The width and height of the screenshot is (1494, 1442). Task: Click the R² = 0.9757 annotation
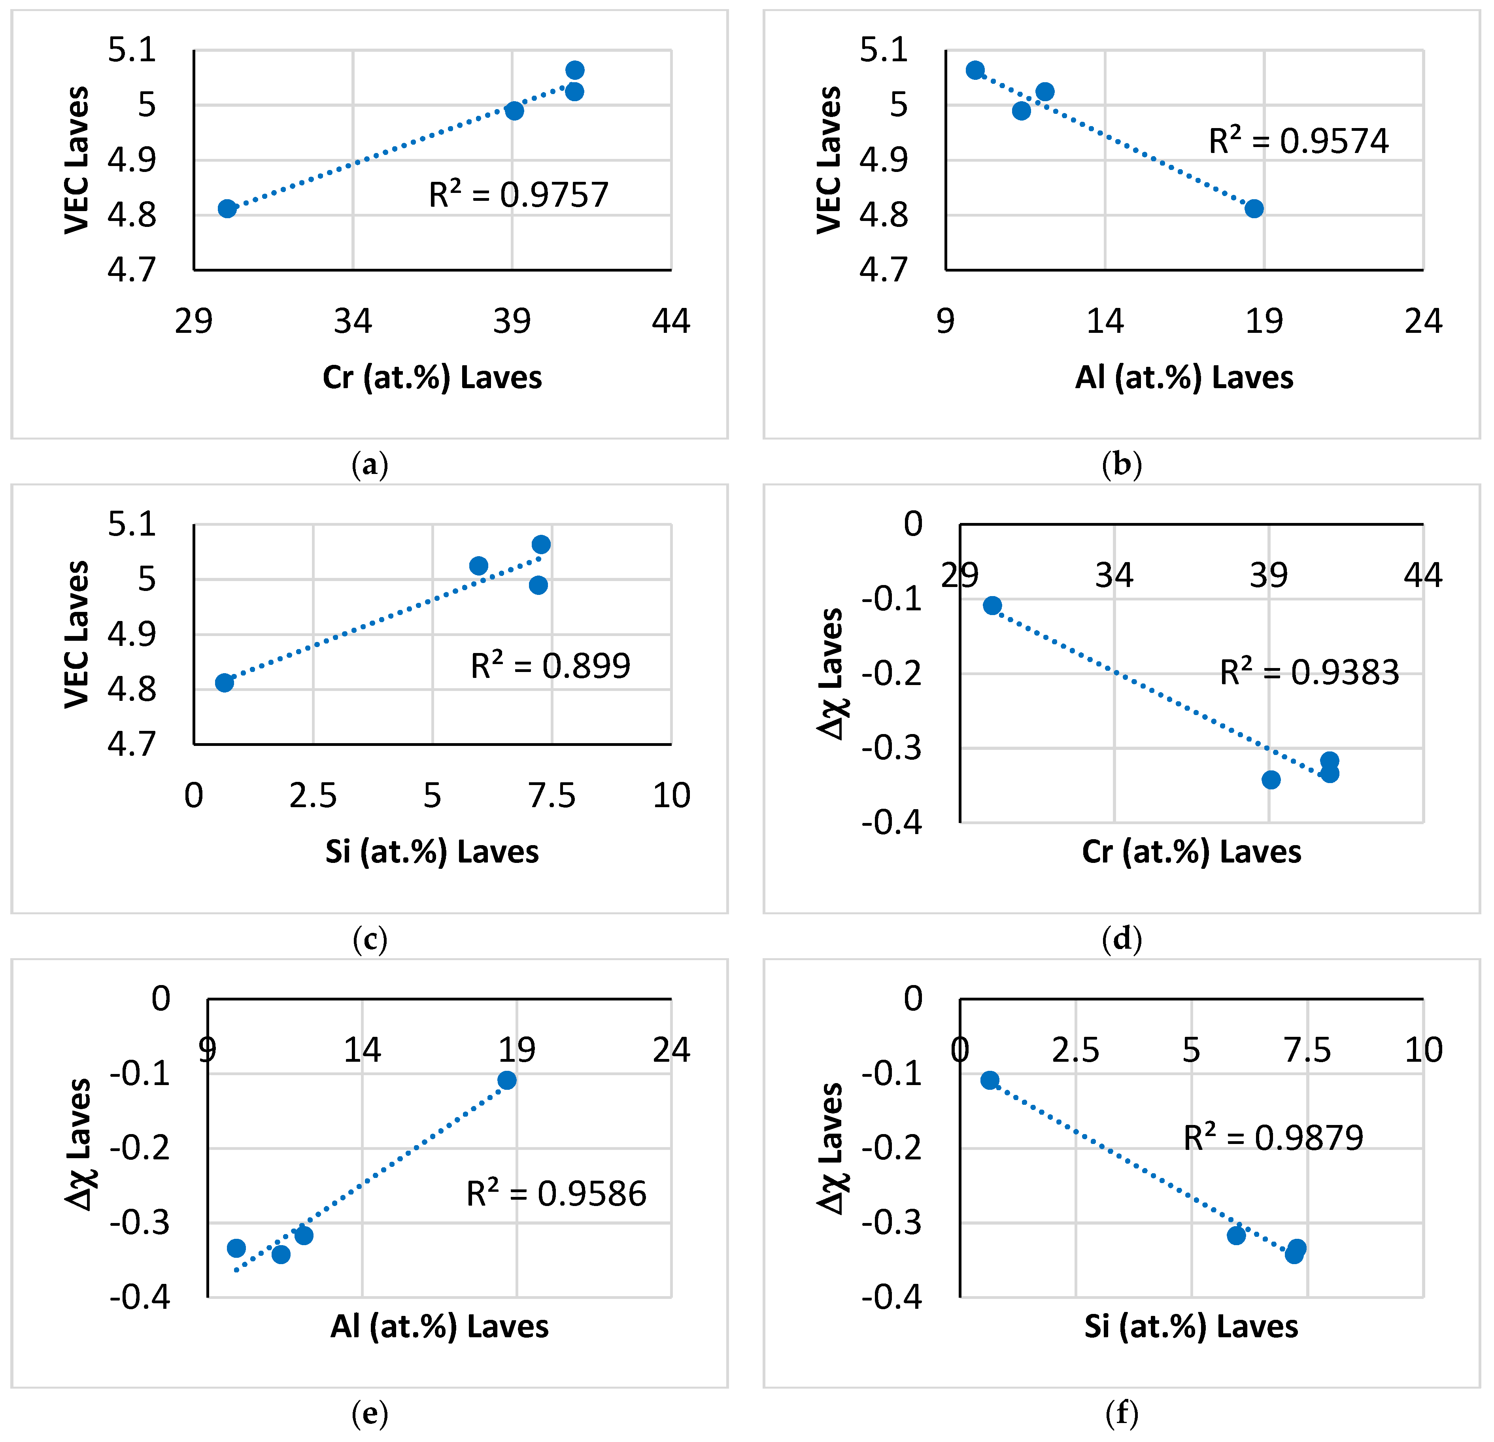point(518,195)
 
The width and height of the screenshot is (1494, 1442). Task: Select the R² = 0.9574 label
point(1298,141)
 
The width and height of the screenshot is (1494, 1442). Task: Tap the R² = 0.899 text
point(550,666)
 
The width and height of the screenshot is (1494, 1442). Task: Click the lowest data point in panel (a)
point(227,208)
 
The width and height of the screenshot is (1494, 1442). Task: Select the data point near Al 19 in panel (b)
point(1254,208)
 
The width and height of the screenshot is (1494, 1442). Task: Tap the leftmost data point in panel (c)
point(224,682)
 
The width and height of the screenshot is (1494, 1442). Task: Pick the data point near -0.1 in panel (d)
point(992,605)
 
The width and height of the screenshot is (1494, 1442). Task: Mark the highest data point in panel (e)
point(507,1080)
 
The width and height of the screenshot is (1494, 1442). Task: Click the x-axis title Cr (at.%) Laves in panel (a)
point(432,377)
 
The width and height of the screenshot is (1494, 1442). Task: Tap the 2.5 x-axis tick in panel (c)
point(313,796)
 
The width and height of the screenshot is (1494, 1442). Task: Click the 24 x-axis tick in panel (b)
point(1423,322)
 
